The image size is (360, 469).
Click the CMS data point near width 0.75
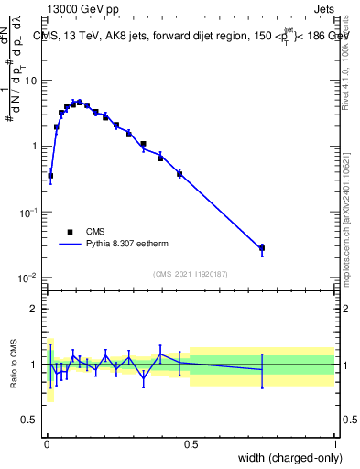[x=262, y=248]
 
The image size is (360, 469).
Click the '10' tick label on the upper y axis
[x=31, y=81]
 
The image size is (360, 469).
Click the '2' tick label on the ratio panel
[x=35, y=309]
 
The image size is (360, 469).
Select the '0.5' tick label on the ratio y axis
[x=30, y=420]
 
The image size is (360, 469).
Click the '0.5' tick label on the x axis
[x=191, y=444]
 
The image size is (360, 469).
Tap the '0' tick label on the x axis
[x=46, y=444]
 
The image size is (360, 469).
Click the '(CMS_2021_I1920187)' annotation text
[x=190, y=272]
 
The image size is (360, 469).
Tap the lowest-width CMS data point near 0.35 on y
[x=50, y=175]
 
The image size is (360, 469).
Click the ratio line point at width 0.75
[x=262, y=369]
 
